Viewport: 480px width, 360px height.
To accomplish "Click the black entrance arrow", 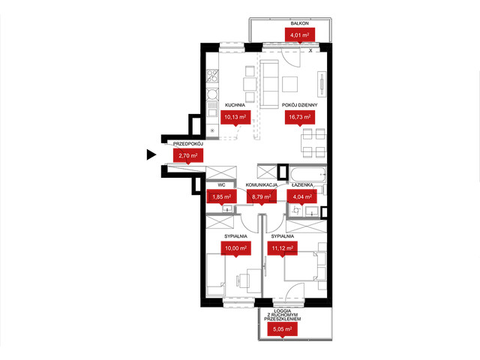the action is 151,154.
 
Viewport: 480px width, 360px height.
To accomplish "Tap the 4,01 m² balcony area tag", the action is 300,35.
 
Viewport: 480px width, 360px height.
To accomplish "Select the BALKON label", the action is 300,23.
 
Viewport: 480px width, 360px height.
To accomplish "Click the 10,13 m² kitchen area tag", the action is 235,117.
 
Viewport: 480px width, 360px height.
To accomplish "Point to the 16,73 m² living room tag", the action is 300,117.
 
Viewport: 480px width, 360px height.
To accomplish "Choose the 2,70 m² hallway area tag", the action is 188,155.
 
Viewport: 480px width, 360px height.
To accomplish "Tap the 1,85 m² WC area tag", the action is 222,196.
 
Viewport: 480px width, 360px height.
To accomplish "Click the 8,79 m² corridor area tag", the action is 262,196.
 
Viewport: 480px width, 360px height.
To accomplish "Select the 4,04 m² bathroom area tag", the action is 301,196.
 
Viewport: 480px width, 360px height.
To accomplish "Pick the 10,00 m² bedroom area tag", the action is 236,248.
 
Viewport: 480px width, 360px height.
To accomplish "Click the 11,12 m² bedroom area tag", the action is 283,248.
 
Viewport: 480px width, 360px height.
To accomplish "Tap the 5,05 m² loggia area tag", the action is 282,329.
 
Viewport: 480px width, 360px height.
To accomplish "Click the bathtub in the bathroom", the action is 307,175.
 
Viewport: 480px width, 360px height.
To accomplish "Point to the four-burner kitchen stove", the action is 212,76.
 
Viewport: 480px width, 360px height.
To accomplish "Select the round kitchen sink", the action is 212,94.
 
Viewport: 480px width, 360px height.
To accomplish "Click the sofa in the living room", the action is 269,83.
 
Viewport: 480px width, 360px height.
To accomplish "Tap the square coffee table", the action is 290,84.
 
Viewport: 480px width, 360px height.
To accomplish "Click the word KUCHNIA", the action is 235,105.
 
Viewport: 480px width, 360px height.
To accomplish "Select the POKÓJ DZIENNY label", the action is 300,105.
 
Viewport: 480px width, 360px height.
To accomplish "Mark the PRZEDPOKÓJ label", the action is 188,143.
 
